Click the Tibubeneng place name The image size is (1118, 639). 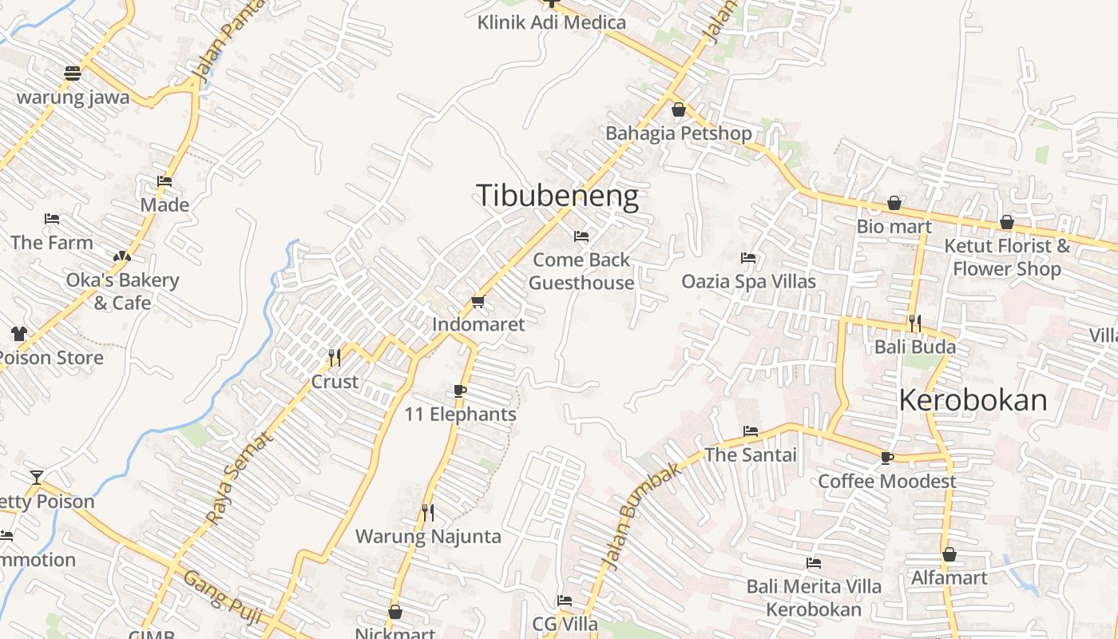point(557,196)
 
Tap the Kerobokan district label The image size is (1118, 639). point(973,400)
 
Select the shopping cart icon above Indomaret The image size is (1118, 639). point(478,301)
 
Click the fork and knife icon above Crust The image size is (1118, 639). point(335,357)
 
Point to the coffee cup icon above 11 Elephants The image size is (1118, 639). point(459,391)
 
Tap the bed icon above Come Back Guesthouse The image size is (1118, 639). point(581,236)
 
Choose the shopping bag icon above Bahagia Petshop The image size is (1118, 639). point(679,109)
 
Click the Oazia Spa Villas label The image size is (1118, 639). point(748,281)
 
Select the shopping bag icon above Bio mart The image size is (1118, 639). point(894,203)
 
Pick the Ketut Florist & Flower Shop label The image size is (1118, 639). point(1006,257)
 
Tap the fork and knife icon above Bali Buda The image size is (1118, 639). point(915,323)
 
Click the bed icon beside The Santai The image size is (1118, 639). point(751,431)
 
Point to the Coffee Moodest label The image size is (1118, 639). point(886,482)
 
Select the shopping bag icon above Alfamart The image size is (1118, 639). point(950,554)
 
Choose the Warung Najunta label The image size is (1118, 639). point(428,536)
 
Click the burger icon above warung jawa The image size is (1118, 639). point(73,73)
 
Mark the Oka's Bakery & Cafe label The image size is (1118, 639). point(122,292)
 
